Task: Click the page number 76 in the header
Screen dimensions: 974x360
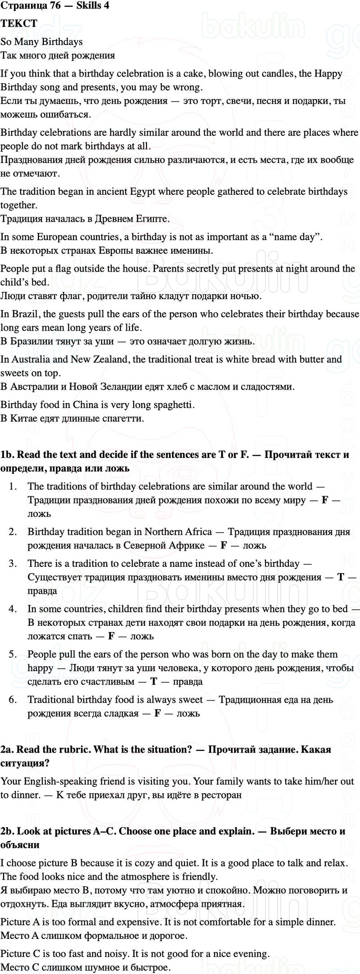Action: click(55, 5)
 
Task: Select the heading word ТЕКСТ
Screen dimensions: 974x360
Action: click(19, 23)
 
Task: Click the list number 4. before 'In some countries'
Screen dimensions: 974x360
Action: click(13, 609)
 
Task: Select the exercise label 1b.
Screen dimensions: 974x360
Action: click(7, 454)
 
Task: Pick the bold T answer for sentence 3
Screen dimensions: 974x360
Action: click(341, 577)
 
